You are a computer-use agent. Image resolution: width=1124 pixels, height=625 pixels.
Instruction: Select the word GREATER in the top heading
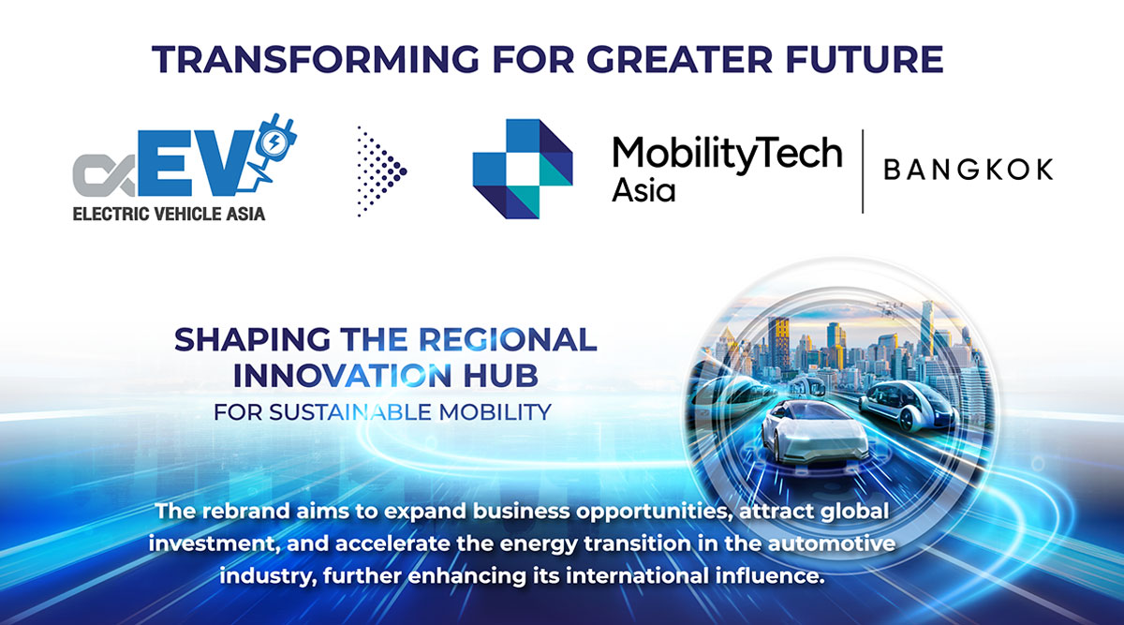pyautogui.click(x=679, y=59)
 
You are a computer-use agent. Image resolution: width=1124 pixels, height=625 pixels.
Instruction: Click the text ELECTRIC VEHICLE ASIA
pyautogui.click(x=169, y=214)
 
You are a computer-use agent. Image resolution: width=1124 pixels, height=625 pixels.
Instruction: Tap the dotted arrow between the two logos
pyautogui.click(x=381, y=171)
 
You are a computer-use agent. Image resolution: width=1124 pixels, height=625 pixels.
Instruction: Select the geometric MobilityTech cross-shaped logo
pyautogui.click(x=523, y=169)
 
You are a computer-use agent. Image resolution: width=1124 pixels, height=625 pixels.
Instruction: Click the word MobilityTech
pyautogui.click(x=727, y=153)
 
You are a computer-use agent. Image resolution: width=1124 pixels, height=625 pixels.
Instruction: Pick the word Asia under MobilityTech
pyautogui.click(x=643, y=190)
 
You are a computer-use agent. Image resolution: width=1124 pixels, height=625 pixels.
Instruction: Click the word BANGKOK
pyautogui.click(x=969, y=170)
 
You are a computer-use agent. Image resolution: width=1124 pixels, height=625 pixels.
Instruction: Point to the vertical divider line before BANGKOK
pyautogui.click(x=863, y=171)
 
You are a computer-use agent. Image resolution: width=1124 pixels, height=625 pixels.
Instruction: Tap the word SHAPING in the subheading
pyautogui.click(x=252, y=340)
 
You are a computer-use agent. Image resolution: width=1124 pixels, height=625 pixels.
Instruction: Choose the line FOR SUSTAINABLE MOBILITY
pyautogui.click(x=382, y=412)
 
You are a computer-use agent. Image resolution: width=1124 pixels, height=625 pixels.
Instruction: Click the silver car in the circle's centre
pyautogui.click(x=814, y=432)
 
